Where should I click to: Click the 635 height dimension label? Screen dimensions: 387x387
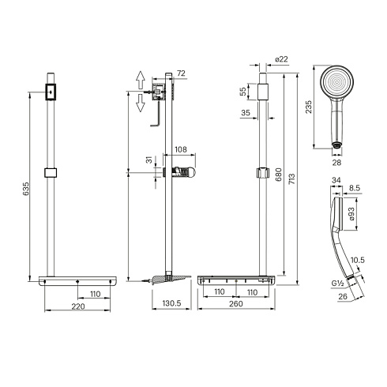[26, 189]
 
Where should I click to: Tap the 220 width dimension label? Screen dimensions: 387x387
[78, 306]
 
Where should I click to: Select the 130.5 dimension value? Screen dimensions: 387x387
[171, 303]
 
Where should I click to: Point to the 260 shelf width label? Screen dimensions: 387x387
[236, 303]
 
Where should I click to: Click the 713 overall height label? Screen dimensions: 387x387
[292, 178]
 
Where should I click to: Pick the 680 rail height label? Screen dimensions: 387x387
[278, 175]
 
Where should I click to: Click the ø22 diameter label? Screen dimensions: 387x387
[281, 59]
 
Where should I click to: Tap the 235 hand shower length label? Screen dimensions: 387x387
[308, 107]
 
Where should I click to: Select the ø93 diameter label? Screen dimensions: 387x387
[351, 214]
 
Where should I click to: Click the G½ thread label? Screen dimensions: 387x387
[338, 284]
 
